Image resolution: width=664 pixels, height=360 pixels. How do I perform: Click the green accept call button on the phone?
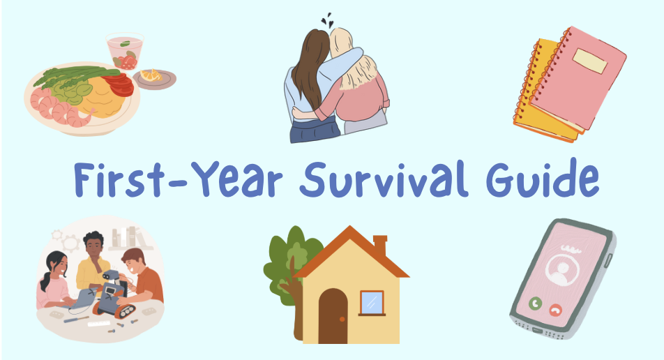[x=536, y=303]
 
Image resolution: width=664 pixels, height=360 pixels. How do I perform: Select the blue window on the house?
[x=372, y=303]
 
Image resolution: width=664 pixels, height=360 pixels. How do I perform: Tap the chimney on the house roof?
[x=380, y=246]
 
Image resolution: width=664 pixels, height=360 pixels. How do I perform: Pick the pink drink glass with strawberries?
[x=125, y=52]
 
